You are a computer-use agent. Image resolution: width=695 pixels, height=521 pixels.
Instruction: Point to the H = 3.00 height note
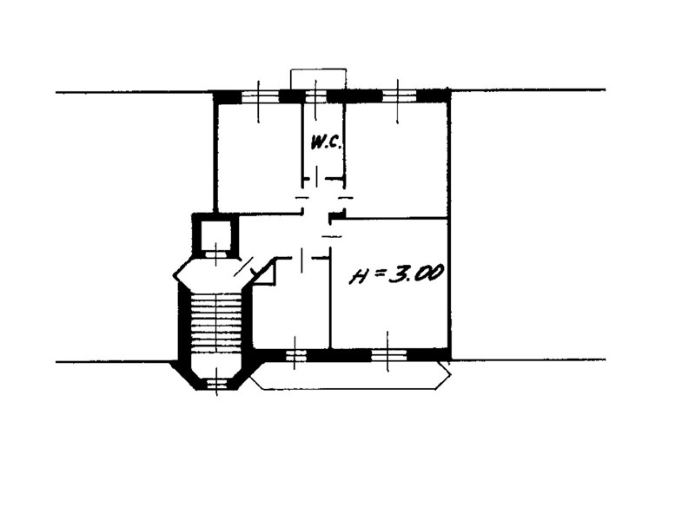pos(397,274)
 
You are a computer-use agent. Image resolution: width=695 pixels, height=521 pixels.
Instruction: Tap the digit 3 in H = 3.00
pos(396,274)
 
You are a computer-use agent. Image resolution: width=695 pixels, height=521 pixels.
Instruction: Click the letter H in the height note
pos(359,277)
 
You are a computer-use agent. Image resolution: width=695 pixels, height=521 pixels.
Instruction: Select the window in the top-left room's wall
pos(260,96)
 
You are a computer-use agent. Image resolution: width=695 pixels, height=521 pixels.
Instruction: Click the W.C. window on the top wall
pos(315,96)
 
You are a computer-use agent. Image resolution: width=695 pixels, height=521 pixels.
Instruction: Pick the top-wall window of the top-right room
pos(399,96)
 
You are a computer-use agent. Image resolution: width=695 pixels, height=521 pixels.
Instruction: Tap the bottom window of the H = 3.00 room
pos(388,354)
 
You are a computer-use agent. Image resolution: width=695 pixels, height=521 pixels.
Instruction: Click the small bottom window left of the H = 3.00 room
pos(295,355)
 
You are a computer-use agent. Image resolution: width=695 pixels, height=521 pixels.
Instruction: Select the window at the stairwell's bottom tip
pos(216,383)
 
